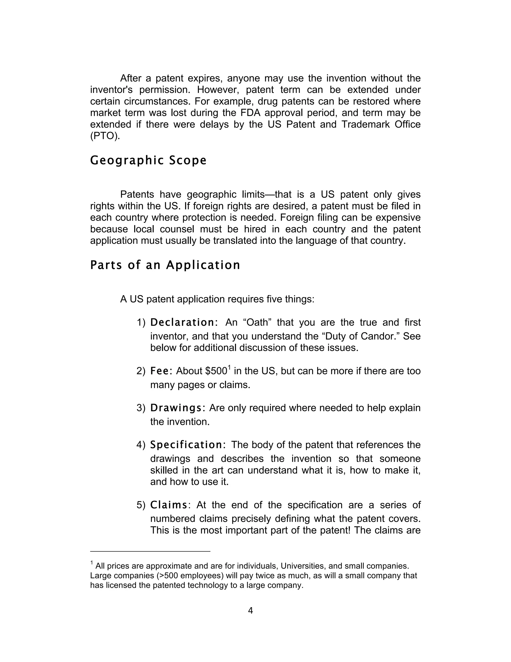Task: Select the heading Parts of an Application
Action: pyautogui.click(x=165, y=265)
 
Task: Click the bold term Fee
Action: pyautogui.click(x=161, y=371)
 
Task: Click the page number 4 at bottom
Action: pyautogui.click(x=250, y=611)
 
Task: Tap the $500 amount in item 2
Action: pyautogui.click(x=216, y=371)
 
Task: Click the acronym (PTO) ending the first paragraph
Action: pyautogui.click(x=105, y=136)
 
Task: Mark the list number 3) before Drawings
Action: pyautogui.click(x=141, y=408)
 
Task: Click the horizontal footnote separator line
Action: pyautogui.click(x=150, y=551)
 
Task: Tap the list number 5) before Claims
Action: pyautogui.click(x=141, y=505)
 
